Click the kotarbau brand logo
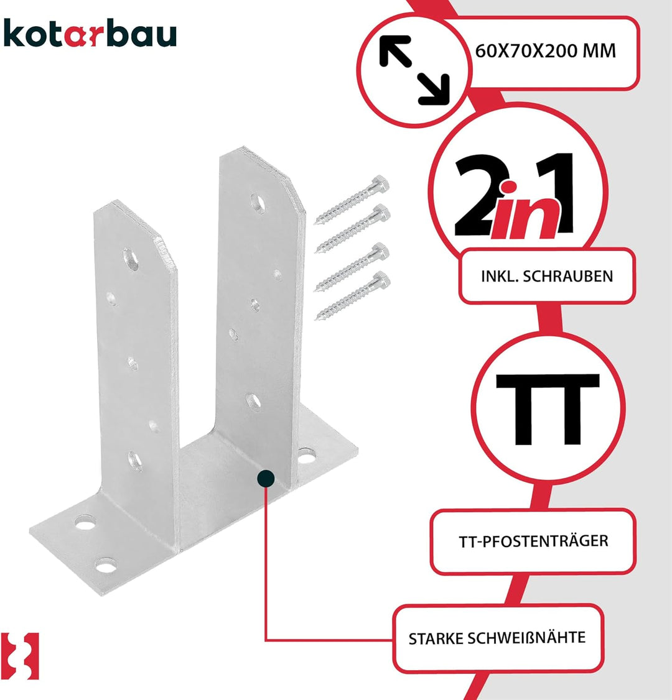pyautogui.click(x=90, y=33)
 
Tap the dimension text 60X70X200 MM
pyautogui.click(x=545, y=51)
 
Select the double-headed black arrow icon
pyautogui.click(x=414, y=70)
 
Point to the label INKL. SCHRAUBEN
pyautogui.click(x=547, y=277)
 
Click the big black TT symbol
pyautogui.click(x=548, y=410)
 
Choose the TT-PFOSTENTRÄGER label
pyautogui.click(x=533, y=541)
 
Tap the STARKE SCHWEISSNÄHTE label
pyautogui.click(x=497, y=638)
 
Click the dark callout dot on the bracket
pyautogui.click(x=266, y=479)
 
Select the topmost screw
pyautogui.click(x=352, y=199)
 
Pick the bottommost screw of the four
pyautogui.click(x=352, y=295)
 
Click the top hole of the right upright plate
pyautogui.click(x=258, y=203)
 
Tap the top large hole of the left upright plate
pyautogui.click(x=131, y=260)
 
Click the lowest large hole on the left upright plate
pyautogui.click(x=135, y=461)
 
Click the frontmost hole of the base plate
pyautogui.click(x=106, y=565)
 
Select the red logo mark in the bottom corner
pyautogui.click(x=20, y=656)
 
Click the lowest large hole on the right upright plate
pyautogui.click(x=253, y=402)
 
